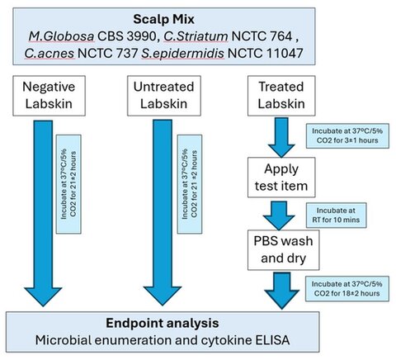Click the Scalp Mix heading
(163, 19)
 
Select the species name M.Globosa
(61, 36)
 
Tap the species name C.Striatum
(196, 36)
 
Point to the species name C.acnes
(49, 53)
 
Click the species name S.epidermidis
(183, 53)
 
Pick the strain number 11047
(285, 53)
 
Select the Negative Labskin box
(49, 96)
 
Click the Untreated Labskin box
(164, 96)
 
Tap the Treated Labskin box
(281, 96)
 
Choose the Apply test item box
(281, 178)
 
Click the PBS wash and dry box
(283, 250)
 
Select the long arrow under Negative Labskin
(43, 213)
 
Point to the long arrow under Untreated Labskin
(163, 213)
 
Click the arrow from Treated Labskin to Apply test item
(281, 137)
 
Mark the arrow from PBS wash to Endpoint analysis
(282, 291)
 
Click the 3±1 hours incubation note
(347, 136)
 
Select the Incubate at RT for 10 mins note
(336, 216)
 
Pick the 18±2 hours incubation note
(347, 289)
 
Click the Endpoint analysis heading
(163, 323)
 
